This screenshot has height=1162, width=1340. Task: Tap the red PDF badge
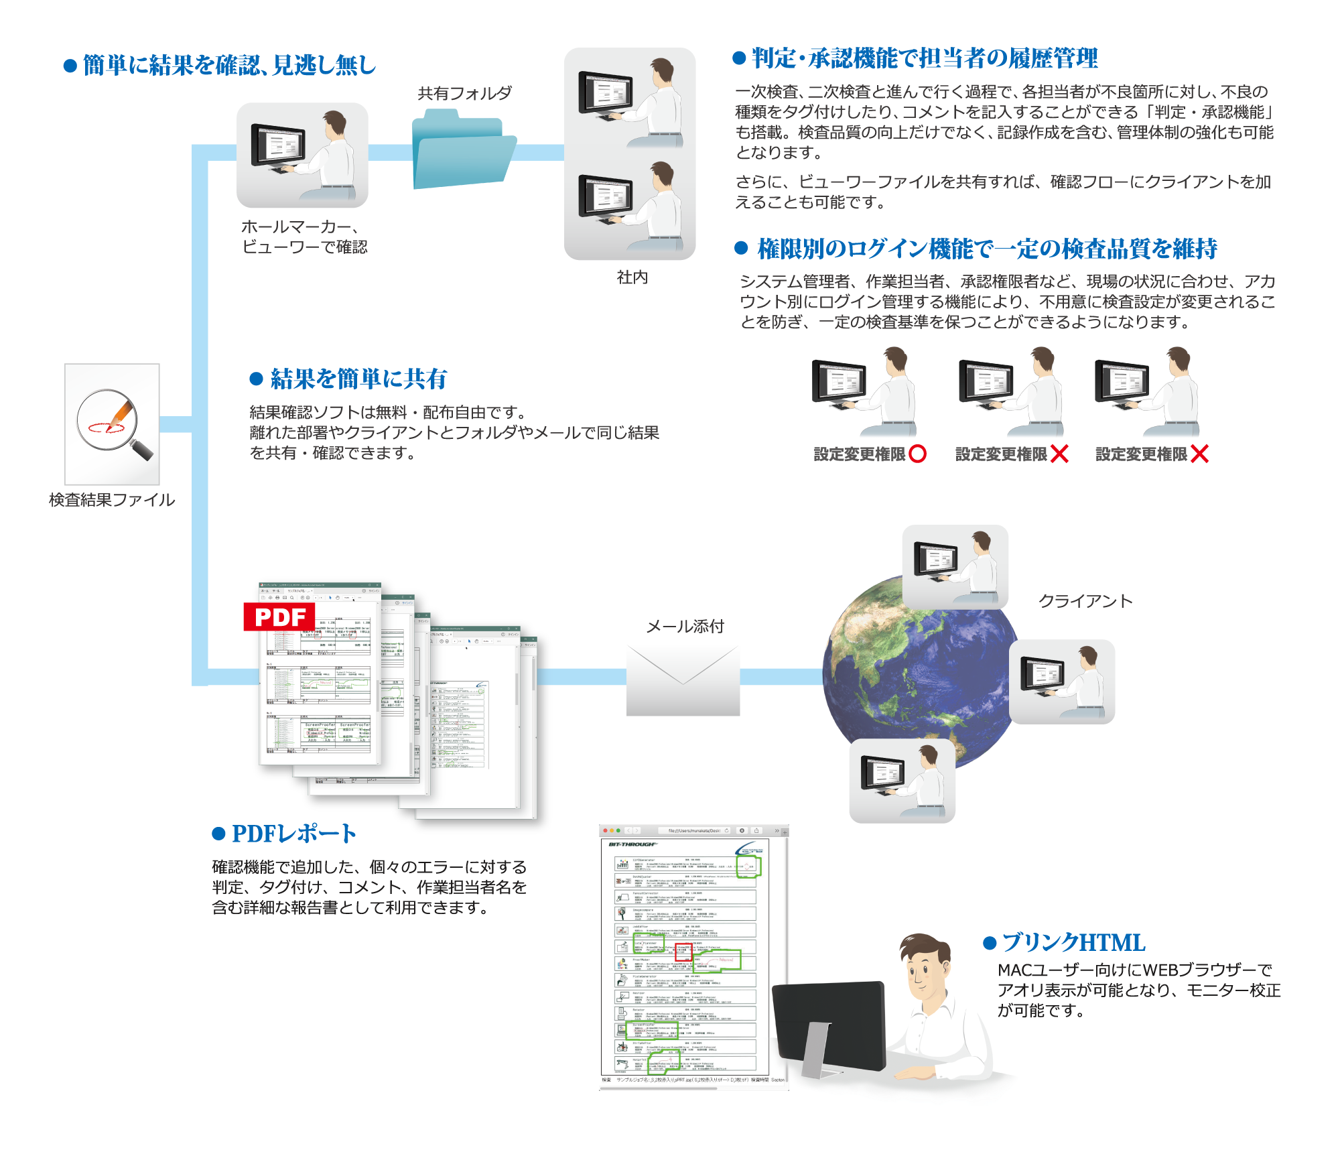(x=279, y=617)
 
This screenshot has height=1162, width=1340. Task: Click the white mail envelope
(x=683, y=680)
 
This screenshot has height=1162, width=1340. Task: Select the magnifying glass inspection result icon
(x=112, y=424)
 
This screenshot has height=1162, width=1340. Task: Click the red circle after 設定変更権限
(x=917, y=454)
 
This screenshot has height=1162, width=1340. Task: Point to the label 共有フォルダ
(x=464, y=93)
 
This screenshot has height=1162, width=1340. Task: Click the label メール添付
(x=685, y=626)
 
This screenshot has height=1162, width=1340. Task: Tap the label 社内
(x=632, y=277)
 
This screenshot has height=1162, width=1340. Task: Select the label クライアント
(x=1085, y=601)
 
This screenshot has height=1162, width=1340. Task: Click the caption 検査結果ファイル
(x=112, y=500)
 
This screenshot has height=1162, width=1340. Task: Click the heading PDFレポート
(x=293, y=834)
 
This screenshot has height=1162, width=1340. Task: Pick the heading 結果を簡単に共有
(x=358, y=379)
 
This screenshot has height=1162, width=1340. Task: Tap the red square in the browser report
(x=683, y=952)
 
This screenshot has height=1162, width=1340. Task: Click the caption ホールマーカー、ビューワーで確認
(x=304, y=237)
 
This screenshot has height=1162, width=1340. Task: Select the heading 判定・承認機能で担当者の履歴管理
(x=925, y=58)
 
